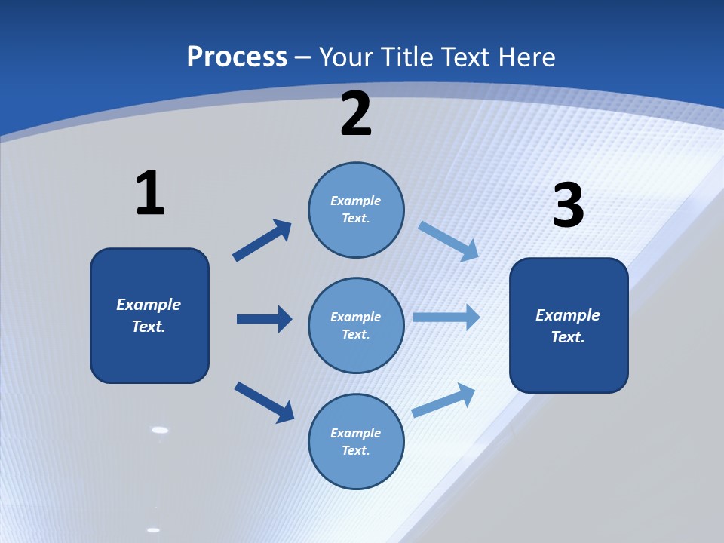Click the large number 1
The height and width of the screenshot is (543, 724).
point(150,193)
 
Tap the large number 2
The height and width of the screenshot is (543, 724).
point(356,114)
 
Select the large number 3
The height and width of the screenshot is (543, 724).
point(568,205)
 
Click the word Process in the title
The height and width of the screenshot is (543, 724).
point(237,57)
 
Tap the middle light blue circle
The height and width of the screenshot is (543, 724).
point(356,325)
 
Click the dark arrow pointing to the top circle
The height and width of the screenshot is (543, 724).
point(262,241)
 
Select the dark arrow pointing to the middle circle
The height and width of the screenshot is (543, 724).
point(264,319)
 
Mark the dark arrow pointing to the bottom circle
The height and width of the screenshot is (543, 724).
point(265,401)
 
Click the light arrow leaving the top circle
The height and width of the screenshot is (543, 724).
point(449,241)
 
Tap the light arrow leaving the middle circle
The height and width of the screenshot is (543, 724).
point(446,317)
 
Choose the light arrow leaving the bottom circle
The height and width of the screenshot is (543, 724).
point(443,400)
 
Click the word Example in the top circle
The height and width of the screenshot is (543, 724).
point(356,201)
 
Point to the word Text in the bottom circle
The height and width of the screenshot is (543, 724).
point(354,450)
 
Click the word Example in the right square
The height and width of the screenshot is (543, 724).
point(568,315)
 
